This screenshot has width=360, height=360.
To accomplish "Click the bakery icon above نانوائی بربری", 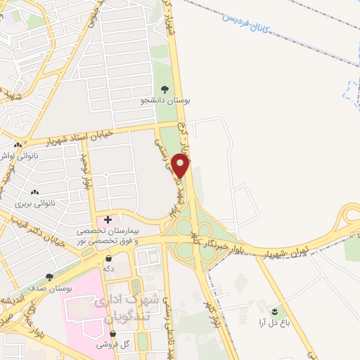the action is coord(34,192).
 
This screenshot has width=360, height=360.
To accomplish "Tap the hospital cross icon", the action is coord(108,219).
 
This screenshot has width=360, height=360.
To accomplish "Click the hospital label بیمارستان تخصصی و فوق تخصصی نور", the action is coord(117,236).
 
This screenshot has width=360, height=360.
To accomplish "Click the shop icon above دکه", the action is coord(108,257).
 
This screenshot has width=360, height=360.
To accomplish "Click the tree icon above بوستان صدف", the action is coord(49,278).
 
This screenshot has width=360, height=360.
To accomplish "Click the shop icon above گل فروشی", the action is coord(113,333).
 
